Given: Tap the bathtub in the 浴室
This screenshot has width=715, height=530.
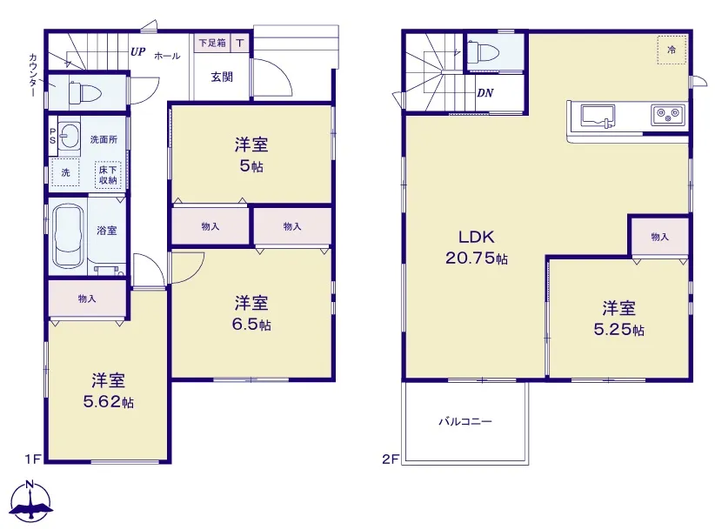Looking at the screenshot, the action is point(69,235).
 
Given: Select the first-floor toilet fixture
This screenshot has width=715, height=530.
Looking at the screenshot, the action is point(83,93).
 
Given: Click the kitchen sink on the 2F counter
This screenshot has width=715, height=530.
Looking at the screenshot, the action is point(598,116).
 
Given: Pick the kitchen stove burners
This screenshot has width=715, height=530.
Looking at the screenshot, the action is point(667,115).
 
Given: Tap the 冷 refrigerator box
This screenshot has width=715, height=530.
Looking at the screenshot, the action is point(672,50).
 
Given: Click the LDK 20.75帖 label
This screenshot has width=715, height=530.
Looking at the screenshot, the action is point(477,248).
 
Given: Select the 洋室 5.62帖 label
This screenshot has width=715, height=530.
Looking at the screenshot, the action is point(109,391).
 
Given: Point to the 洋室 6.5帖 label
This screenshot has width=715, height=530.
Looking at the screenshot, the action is point(251,313).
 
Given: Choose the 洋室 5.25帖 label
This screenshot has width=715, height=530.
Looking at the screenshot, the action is point(618,319).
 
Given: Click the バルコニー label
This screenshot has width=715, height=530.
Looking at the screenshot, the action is point(465,421).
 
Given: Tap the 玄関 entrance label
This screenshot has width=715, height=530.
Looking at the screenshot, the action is point(222,77).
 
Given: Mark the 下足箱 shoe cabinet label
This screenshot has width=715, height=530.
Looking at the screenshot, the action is point(212,44).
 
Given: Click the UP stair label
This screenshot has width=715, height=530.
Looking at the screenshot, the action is point(137,51).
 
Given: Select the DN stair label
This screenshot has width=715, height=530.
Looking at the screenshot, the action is point(485,93).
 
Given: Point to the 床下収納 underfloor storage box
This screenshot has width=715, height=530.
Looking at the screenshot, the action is point(108,175).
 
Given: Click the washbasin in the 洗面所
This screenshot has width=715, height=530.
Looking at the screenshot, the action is point(70,135).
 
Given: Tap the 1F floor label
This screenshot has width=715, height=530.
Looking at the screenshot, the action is point(33,459).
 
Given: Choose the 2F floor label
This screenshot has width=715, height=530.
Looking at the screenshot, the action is point(391,459).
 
